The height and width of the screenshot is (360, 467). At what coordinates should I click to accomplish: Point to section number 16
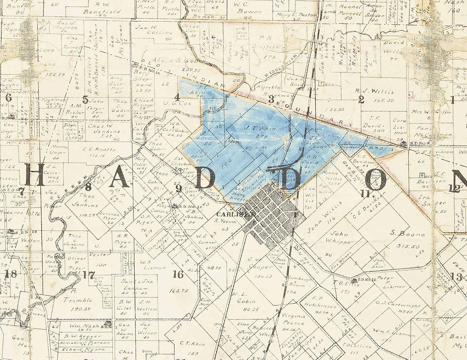click(x=178, y=274)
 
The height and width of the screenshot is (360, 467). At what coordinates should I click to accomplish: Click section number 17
click(x=88, y=275)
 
